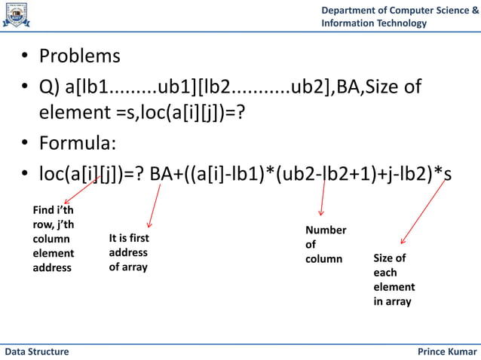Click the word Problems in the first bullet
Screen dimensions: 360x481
[x=79, y=56]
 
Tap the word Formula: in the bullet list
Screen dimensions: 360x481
[x=78, y=143]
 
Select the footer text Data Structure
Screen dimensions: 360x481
[x=37, y=352]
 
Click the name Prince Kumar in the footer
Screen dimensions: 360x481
[x=447, y=352]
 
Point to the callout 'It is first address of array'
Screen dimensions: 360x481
[x=128, y=253]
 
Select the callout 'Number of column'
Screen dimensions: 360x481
[x=325, y=244]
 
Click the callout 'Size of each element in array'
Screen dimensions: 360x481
[x=394, y=279]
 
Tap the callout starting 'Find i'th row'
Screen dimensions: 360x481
[x=54, y=239]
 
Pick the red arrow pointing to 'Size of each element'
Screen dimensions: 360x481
[x=424, y=212]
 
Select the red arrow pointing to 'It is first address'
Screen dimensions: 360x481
[x=155, y=205]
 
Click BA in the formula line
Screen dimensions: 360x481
[x=161, y=174]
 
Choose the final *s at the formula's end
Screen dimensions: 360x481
[x=444, y=174]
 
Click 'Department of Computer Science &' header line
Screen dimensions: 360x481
[x=400, y=10]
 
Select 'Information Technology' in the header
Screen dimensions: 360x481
[x=374, y=23]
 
